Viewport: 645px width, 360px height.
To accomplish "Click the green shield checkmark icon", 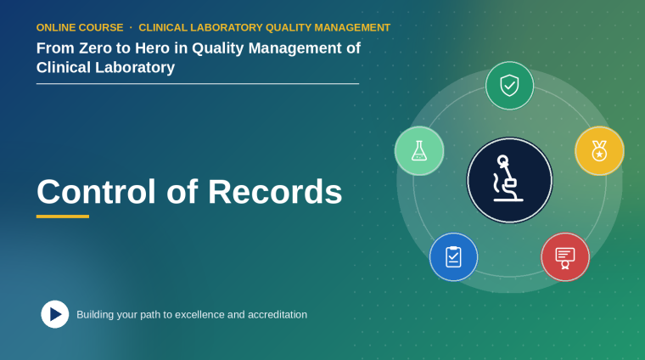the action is click(x=509, y=86).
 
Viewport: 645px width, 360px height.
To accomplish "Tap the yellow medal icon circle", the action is click(x=599, y=151).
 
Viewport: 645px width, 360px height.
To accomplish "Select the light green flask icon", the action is click(x=419, y=151).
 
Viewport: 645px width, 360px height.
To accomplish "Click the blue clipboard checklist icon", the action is click(x=453, y=257).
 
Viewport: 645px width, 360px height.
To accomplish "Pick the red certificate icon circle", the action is click(x=565, y=257).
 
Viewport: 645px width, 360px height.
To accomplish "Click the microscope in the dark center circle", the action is click(x=508, y=178).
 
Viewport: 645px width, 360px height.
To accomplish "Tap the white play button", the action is click(x=54, y=314).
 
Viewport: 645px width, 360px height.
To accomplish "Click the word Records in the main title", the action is click(x=275, y=192).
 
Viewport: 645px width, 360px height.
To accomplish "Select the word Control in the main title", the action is click(x=96, y=192).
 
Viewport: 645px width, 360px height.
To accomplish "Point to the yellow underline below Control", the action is click(x=63, y=217).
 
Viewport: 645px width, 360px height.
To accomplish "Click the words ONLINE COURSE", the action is click(x=80, y=27).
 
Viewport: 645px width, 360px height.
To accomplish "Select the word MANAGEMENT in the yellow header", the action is click(x=352, y=27).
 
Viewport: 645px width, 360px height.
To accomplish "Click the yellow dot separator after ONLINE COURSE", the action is click(x=131, y=27).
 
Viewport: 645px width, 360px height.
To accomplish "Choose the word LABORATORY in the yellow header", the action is click(x=227, y=27).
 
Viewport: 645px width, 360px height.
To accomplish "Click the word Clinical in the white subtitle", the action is click(x=64, y=67).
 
